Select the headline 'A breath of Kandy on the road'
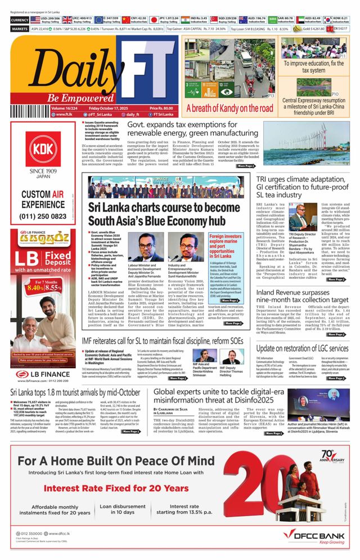click(229, 108)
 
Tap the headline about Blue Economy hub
click(156, 214)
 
